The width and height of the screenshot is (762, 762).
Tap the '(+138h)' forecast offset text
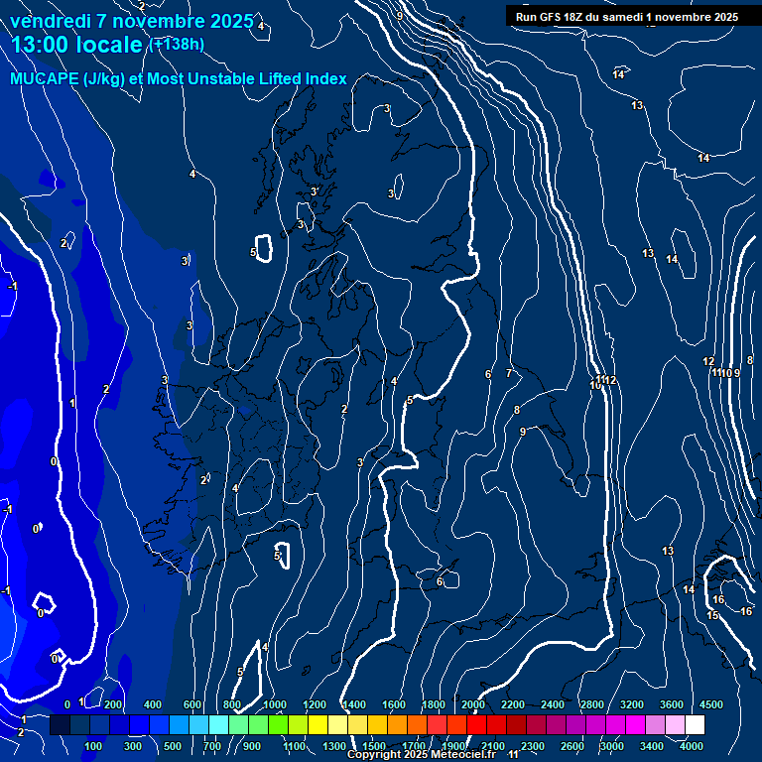(x=176, y=44)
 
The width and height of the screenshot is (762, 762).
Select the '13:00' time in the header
(x=40, y=45)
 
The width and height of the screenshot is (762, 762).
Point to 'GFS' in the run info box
(x=555, y=17)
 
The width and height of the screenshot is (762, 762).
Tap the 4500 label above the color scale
(x=711, y=704)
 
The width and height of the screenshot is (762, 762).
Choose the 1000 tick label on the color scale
(x=275, y=704)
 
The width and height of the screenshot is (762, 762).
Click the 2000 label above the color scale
(x=473, y=704)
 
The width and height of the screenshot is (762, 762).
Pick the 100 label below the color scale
(x=94, y=746)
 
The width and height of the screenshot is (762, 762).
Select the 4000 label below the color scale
(x=692, y=746)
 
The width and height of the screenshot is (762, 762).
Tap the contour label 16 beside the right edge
(x=746, y=611)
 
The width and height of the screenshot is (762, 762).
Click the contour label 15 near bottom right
(x=711, y=615)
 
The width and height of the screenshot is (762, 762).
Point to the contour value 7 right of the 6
(x=509, y=373)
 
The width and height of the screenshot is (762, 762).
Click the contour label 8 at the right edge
(x=749, y=360)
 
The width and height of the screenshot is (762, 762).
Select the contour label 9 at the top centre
(x=399, y=16)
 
